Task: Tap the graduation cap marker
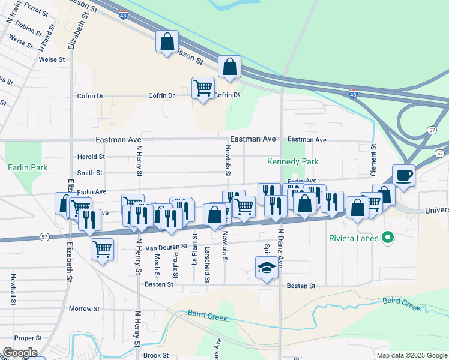tap(267, 268)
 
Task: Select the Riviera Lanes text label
tap(354, 238)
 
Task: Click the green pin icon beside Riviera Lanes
tap(387, 238)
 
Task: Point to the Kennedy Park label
tap(293, 161)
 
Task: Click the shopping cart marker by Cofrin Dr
tap(203, 88)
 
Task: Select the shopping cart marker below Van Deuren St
tap(102, 248)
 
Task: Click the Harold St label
tap(91, 157)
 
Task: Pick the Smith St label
tap(90, 173)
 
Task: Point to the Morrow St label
tap(84, 308)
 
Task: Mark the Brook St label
tap(156, 355)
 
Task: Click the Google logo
tap(20, 353)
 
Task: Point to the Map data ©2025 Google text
tap(411, 355)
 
